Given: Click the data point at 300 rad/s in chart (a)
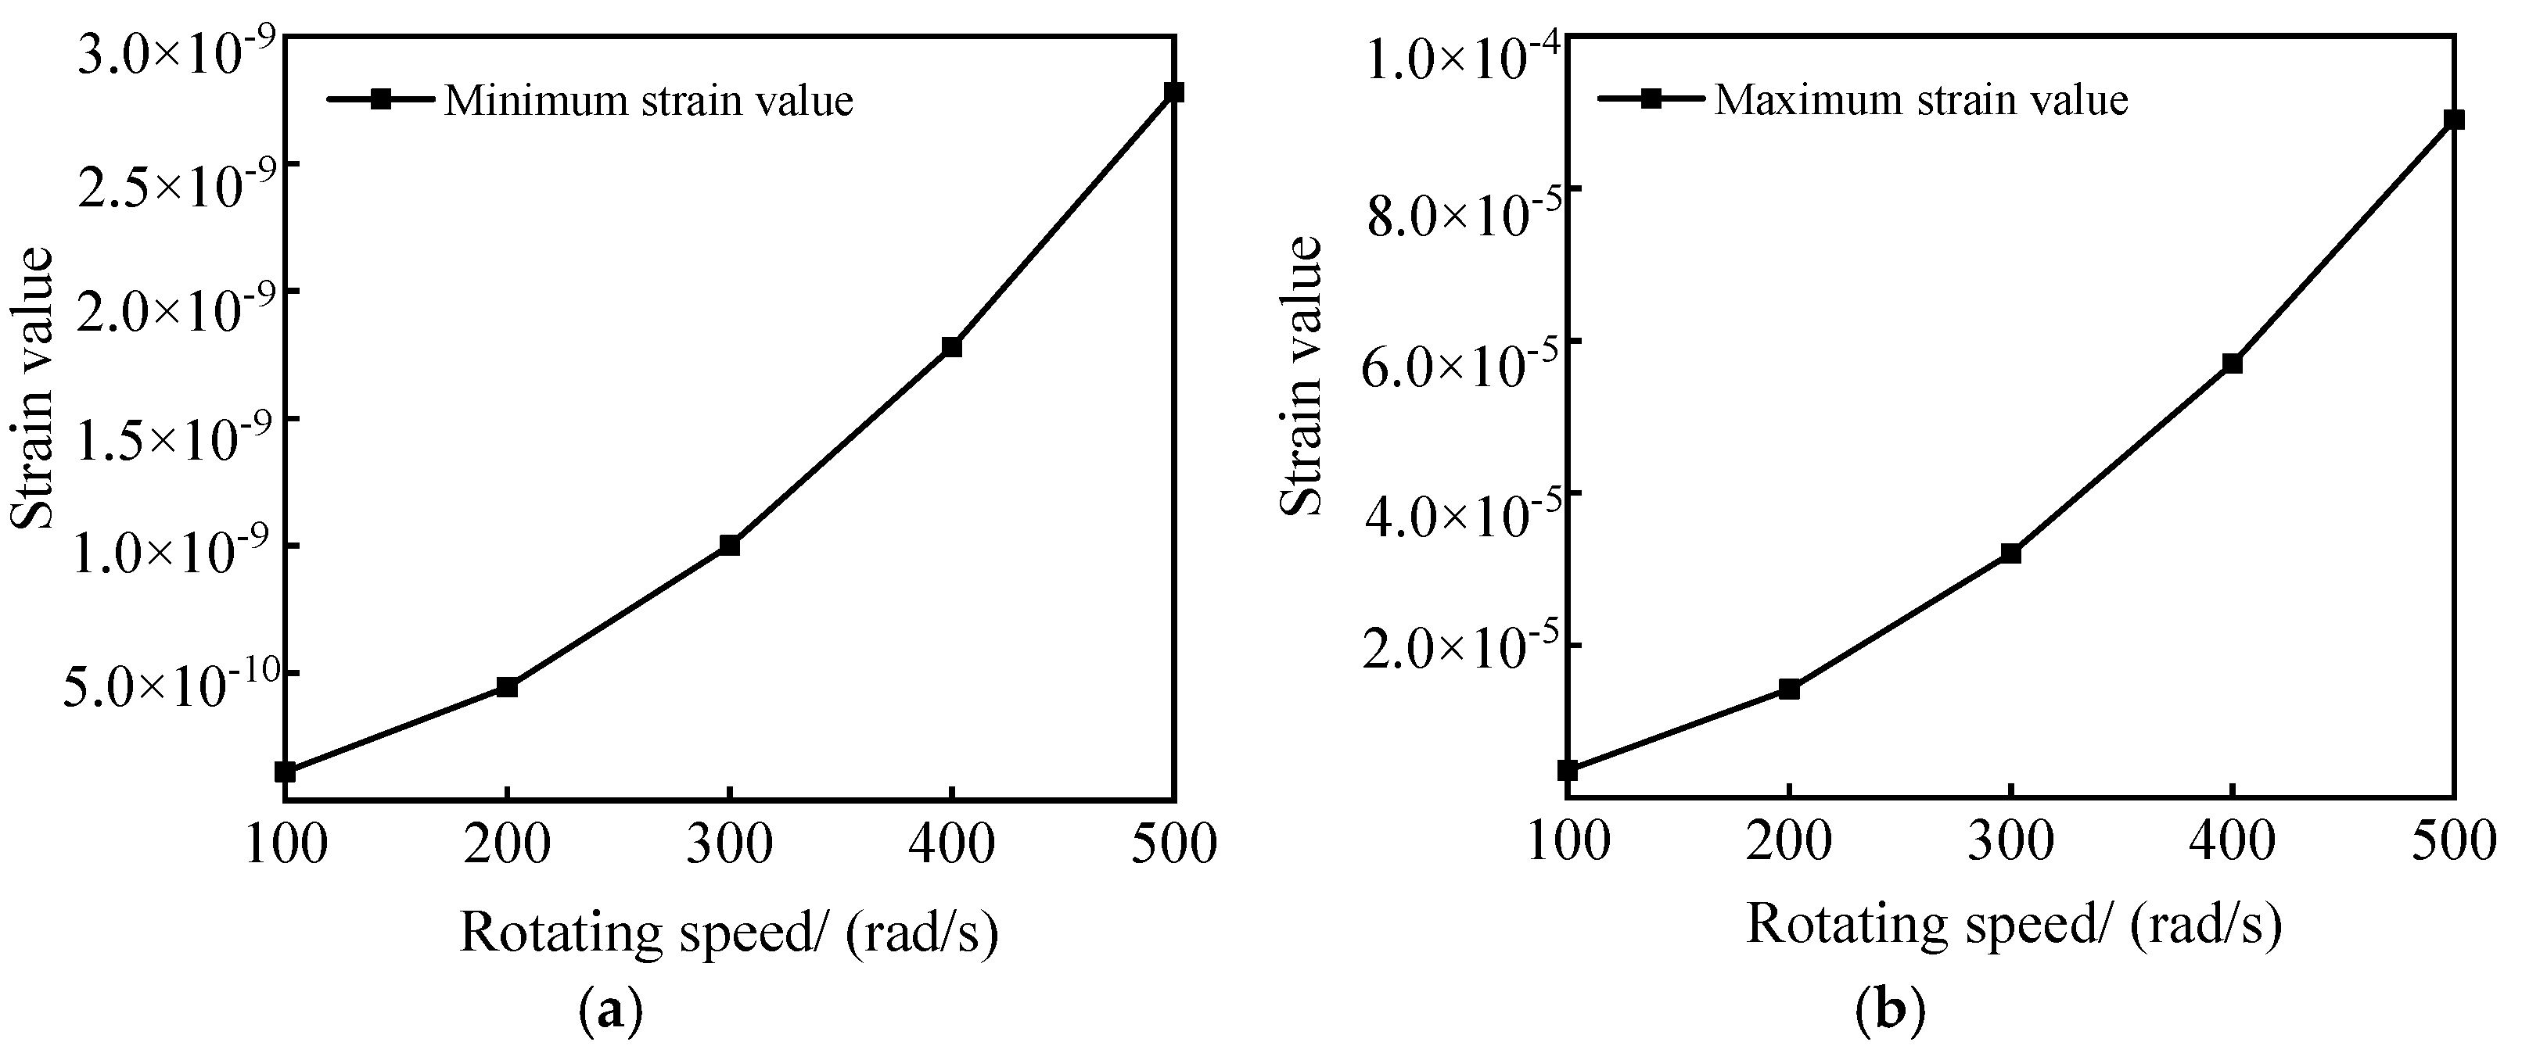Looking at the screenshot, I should click(x=728, y=545).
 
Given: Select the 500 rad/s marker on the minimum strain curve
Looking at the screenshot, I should click(x=1174, y=92).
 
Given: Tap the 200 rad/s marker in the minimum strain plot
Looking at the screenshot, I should click(x=506, y=687).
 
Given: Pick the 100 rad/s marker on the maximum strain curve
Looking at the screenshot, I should click(x=1568, y=770).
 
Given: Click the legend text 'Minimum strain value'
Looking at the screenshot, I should click(x=648, y=101).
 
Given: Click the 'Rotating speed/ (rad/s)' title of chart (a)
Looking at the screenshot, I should click(x=728, y=932).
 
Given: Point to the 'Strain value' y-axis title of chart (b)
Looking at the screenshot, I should click(x=1302, y=376).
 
